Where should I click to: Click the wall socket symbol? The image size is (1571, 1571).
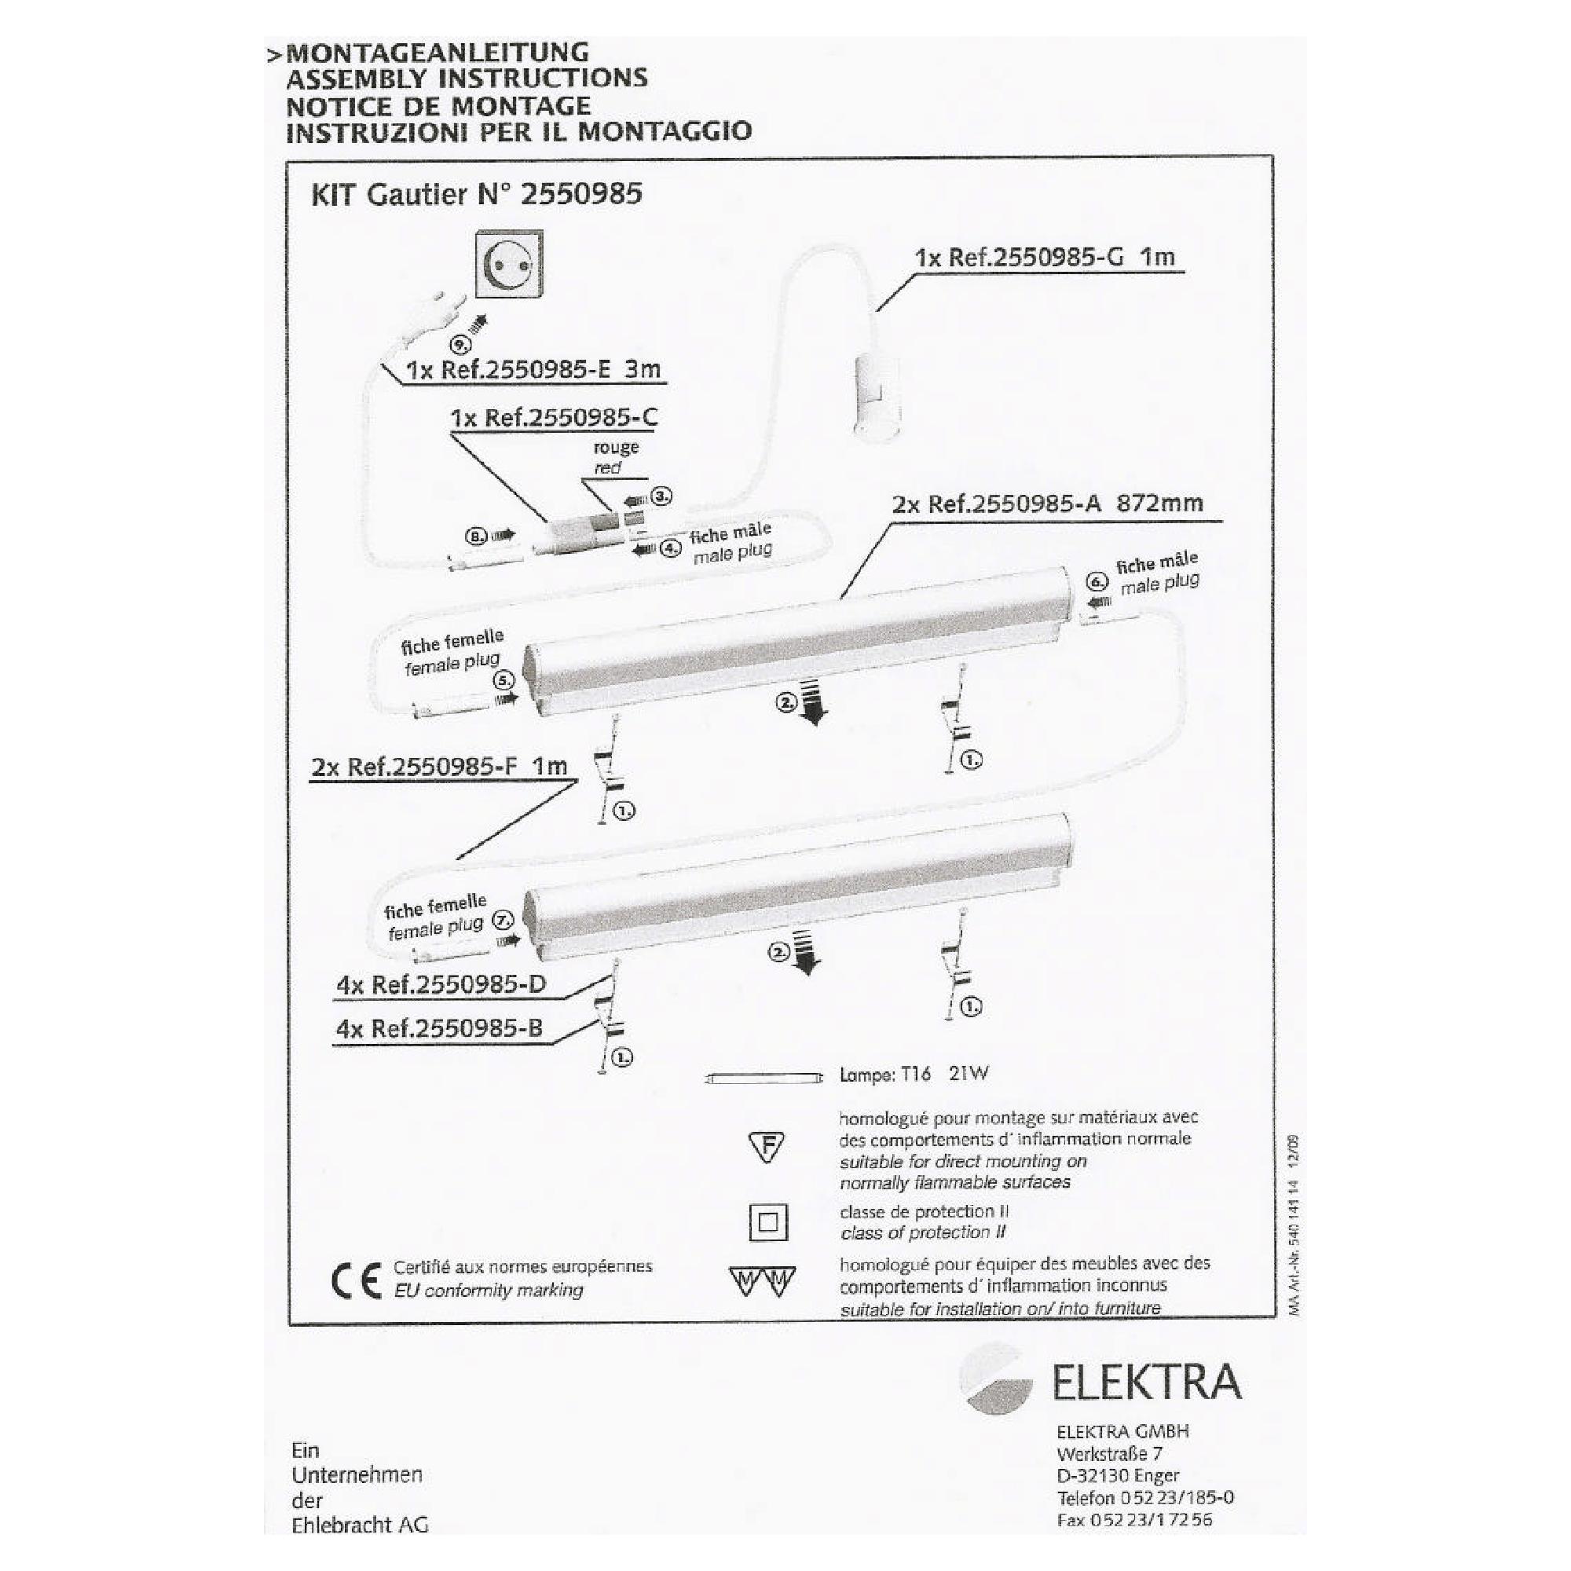pos(509,265)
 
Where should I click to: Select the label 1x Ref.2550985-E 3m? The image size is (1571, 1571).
pos(533,370)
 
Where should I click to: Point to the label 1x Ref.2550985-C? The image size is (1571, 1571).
pos(555,418)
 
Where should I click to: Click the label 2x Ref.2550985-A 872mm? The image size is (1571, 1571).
pos(1047,504)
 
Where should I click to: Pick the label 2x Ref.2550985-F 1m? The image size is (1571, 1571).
pos(439,767)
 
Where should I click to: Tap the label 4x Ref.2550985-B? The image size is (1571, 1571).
pos(439,1029)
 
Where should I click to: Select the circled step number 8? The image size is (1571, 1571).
pos(476,536)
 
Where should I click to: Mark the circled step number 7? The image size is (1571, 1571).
pos(504,921)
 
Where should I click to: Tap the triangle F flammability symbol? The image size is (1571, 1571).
pos(767,1148)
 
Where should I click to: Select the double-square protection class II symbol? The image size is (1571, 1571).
pos(767,1222)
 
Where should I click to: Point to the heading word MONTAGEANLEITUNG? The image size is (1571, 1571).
pos(438,53)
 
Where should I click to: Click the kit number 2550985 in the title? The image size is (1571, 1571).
pos(581,193)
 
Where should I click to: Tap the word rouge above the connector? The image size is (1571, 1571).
pos(616,447)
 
